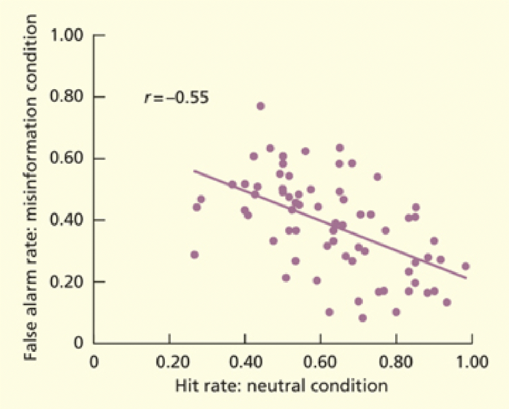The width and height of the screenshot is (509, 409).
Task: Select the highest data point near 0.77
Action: pyautogui.click(x=260, y=106)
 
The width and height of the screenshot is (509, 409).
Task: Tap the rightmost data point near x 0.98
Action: pyautogui.click(x=465, y=266)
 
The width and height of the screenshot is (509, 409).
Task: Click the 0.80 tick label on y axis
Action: pyautogui.click(x=67, y=98)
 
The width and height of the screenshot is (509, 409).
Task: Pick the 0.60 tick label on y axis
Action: pyautogui.click(x=67, y=159)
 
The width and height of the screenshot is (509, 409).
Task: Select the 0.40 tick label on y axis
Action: pyautogui.click(x=67, y=220)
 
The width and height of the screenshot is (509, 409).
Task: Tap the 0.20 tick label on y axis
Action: pyautogui.click(x=67, y=282)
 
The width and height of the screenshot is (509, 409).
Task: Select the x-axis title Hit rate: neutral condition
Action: pyautogui.click(x=281, y=385)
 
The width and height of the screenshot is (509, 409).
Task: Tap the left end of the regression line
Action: pyautogui.click(x=194, y=171)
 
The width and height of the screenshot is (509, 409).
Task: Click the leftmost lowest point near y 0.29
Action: pyautogui.click(x=194, y=255)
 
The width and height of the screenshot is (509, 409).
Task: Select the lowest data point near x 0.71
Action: pyautogui.click(x=363, y=318)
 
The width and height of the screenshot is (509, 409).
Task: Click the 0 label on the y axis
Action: pyautogui.click(x=79, y=344)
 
